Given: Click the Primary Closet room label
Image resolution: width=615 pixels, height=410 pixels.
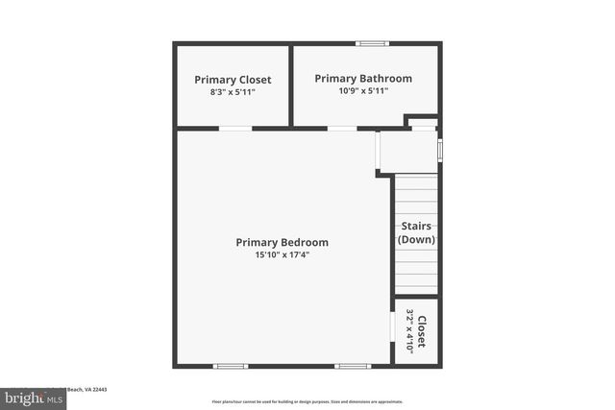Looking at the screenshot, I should click(233, 80).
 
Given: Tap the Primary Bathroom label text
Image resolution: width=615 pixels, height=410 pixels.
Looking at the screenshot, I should click(363, 79).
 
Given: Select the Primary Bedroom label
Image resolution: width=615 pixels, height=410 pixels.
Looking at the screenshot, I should click(282, 243).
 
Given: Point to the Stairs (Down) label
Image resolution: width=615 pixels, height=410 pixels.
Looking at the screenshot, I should click(416, 232).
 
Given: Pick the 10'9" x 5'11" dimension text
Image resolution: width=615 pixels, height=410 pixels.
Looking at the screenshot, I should click(363, 91).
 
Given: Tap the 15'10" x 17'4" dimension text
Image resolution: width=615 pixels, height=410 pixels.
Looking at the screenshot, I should click(282, 255).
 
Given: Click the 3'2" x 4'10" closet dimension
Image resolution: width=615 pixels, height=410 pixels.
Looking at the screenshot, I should click(409, 331).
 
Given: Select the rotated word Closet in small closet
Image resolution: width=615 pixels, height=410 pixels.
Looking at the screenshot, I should click(422, 331).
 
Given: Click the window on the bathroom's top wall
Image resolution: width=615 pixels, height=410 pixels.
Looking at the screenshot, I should click(371, 43).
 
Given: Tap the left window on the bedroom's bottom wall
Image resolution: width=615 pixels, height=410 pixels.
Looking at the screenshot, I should click(230, 365).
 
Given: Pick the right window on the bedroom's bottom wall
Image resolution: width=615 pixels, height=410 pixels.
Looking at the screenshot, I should click(352, 365).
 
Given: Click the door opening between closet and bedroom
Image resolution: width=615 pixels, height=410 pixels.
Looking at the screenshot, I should click(234, 128).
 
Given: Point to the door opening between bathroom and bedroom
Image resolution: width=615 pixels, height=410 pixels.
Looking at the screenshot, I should click(342, 128).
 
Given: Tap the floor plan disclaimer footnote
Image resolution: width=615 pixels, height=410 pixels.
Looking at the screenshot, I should click(307, 401).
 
